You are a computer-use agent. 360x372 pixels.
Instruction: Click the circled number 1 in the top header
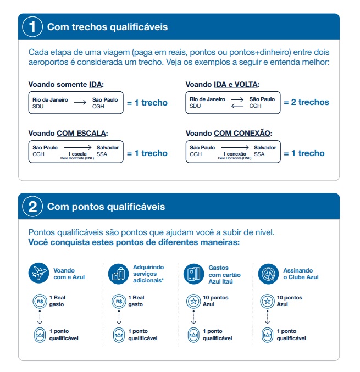33,27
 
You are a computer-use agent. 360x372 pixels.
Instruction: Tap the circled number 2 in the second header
33,207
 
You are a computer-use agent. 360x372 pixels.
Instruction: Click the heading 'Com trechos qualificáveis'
108,27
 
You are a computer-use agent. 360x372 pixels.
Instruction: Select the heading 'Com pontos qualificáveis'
106,207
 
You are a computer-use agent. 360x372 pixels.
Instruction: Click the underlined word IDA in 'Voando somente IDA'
96,85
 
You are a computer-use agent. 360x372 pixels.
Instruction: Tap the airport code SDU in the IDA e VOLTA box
195,106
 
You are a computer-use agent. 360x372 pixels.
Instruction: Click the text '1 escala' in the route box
77,154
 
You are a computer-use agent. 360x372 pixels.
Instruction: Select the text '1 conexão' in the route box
235,154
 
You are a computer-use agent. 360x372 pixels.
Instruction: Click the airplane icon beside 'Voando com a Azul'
40,274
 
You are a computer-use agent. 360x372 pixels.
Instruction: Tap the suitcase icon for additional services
119,274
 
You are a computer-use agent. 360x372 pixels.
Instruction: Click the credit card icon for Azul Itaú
193,274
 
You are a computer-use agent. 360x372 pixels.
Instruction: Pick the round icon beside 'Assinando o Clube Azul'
268,274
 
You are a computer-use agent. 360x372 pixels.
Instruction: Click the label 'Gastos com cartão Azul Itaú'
221,274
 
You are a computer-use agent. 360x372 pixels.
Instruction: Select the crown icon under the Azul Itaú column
193,335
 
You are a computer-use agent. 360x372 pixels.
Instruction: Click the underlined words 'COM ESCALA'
82,134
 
